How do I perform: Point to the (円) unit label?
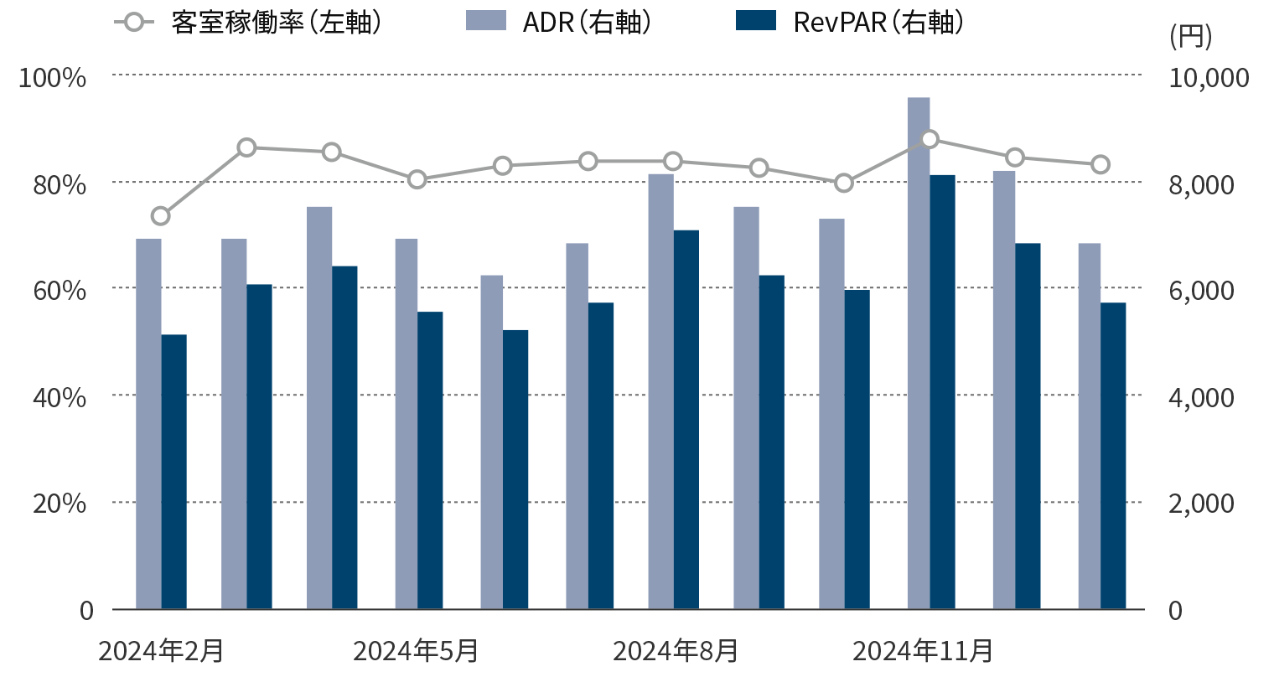click(x=1190, y=38)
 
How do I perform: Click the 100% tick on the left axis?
click(x=53, y=78)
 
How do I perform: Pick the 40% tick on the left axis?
click(x=59, y=397)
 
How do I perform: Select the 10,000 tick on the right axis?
click(x=1208, y=78)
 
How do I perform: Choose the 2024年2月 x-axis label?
click(x=161, y=651)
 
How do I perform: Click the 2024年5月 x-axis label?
click(x=417, y=651)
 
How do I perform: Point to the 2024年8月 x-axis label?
click(x=676, y=651)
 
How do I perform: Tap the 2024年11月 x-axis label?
click(x=923, y=651)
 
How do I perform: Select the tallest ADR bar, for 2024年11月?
click(x=919, y=352)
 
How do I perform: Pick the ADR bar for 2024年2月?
click(x=148, y=423)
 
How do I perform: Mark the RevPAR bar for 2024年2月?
click(x=173, y=472)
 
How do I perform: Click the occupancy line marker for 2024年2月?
click(x=161, y=216)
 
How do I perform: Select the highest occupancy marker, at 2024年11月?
click(x=930, y=139)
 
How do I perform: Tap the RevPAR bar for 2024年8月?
click(x=686, y=419)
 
